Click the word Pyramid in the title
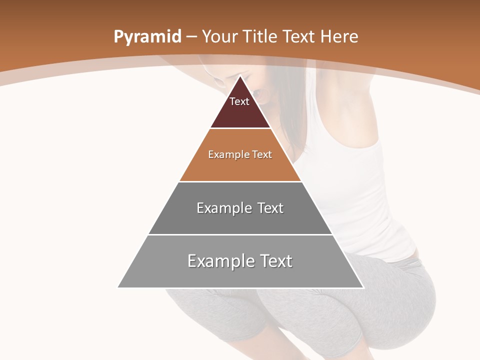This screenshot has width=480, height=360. (x=147, y=37)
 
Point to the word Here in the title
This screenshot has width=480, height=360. (x=339, y=36)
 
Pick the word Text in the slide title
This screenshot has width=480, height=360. (x=299, y=36)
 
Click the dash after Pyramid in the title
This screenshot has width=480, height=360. (x=191, y=37)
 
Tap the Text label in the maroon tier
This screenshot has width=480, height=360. (x=239, y=101)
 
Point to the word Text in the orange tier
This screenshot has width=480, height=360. (x=262, y=154)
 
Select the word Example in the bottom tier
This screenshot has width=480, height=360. (x=218, y=261)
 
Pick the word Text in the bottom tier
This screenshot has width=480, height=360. (x=275, y=260)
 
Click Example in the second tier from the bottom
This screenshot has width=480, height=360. (x=223, y=208)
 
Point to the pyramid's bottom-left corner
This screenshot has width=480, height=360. (x=118, y=287)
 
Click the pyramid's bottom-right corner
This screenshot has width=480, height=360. (x=363, y=287)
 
